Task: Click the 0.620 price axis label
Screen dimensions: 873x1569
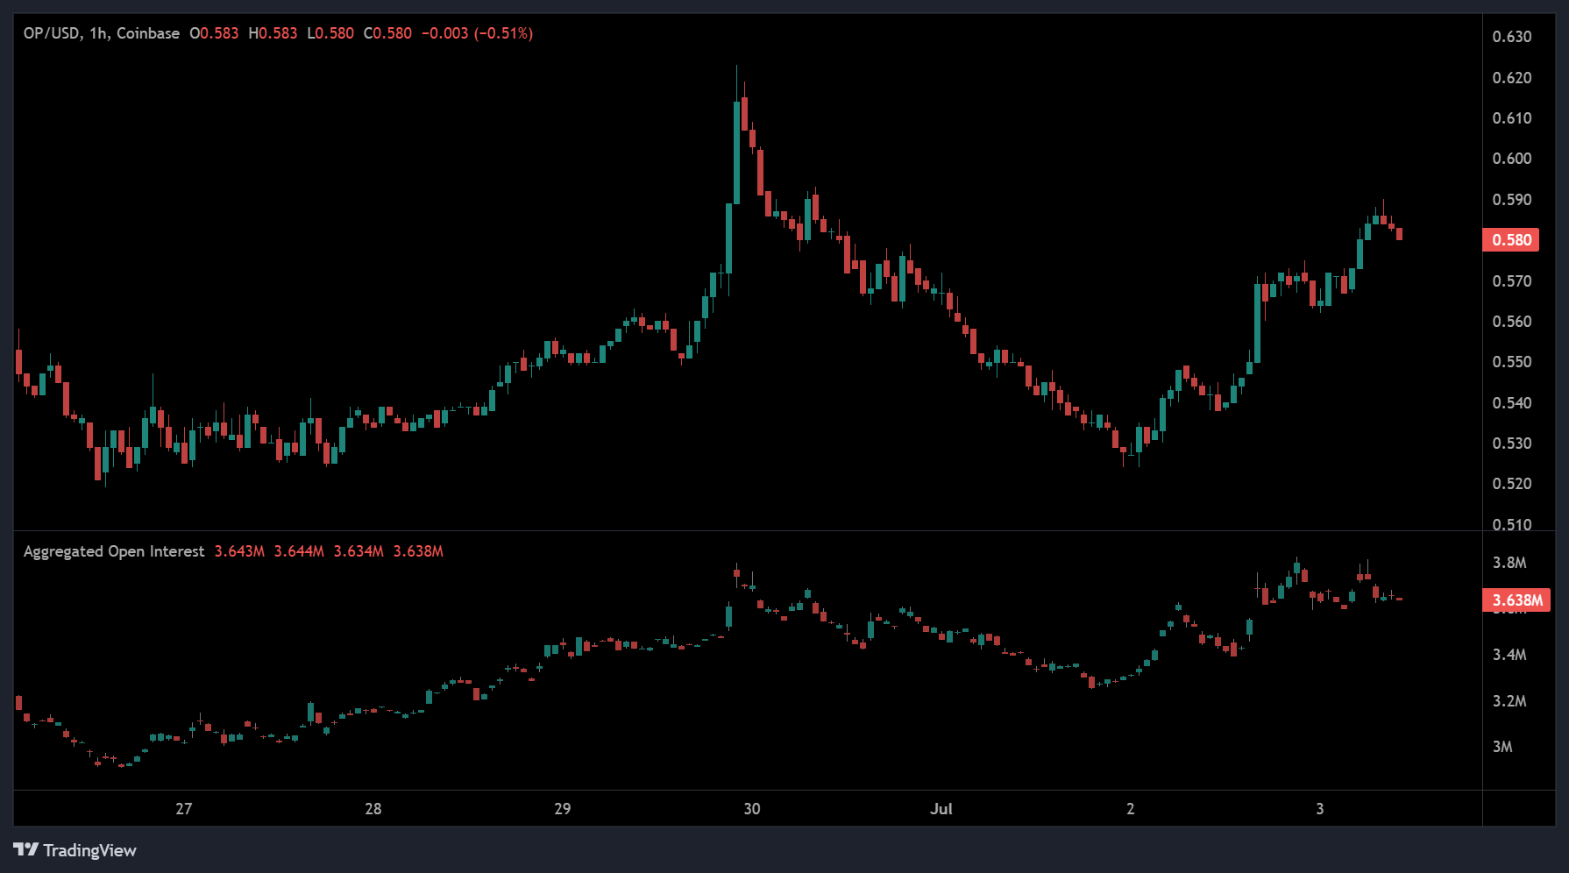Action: pos(1511,78)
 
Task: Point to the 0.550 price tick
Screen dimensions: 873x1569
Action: pos(1511,362)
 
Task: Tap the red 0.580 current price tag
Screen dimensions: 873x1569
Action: pos(1510,240)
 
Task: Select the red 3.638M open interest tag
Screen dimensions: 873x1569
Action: pos(1516,600)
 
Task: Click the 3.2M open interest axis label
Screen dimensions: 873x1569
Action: pos(1509,701)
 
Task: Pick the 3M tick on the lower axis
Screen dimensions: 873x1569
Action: pos(1502,747)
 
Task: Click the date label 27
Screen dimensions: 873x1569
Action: pos(183,809)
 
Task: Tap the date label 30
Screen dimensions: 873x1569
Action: pos(751,809)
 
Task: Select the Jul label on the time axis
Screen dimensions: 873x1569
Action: pos(941,809)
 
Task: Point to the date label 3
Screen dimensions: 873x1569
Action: pos(1319,809)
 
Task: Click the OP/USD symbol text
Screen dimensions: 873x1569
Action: pos(52,33)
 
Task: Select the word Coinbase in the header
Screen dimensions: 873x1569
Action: pos(147,33)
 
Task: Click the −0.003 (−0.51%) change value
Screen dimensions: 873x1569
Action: pos(477,33)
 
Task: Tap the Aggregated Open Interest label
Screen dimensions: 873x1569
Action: pos(113,551)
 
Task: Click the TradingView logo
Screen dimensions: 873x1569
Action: pos(75,850)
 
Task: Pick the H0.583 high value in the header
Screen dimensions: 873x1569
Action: pos(273,33)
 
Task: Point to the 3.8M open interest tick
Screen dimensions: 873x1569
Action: pos(1509,563)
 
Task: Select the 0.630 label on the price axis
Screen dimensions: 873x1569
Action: pos(1511,37)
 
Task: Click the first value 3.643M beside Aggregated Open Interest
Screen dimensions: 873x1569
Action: pos(239,551)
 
